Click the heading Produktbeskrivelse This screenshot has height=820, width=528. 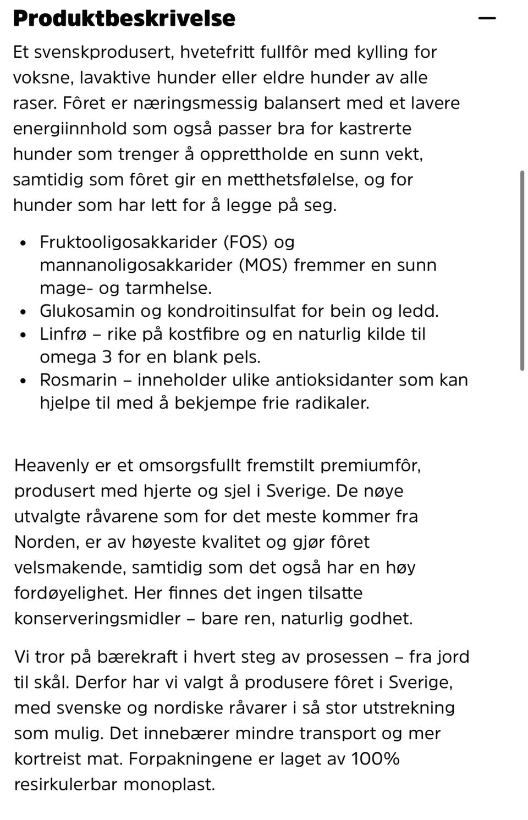(124, 18)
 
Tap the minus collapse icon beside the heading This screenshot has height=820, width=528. (487, 18)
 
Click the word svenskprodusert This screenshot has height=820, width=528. (105, 52)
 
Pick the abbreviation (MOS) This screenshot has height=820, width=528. (263, 265)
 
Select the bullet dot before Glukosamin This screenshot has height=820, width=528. (23, 312)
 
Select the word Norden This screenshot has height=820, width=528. (44, 542)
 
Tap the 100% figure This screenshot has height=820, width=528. (376, 759)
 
